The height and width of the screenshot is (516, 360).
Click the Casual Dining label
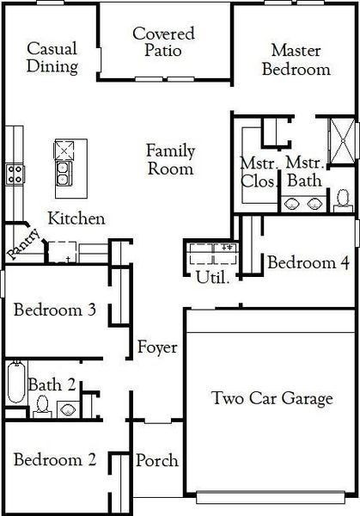[x=52, y=57]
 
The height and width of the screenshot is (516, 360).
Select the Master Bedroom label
[x=296, y=59]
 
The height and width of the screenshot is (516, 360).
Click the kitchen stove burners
[x=15, y=174]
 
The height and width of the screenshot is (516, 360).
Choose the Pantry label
[x=22, y=228]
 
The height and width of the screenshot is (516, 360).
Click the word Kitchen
[x=76, y=218]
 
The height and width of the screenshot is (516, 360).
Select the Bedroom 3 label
[x=53, y=310]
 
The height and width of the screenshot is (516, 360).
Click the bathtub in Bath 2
[x=15, y=384]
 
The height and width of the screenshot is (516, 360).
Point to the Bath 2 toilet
[x=67, y=408]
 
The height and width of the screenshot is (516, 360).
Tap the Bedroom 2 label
[x=54, y=460]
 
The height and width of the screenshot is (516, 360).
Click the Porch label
[x=157, y=460]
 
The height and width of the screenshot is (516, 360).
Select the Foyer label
[x=157, y=347]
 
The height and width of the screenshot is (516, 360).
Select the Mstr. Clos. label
[x=259, y=171]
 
